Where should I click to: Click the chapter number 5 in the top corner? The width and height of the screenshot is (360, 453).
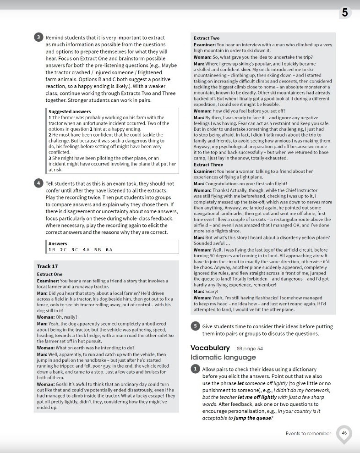344,13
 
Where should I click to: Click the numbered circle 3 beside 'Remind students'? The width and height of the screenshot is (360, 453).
38,38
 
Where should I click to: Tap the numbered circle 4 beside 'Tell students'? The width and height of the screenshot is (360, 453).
38,183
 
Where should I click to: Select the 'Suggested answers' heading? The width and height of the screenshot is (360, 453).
70,111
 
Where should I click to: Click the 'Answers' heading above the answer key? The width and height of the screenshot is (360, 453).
58,243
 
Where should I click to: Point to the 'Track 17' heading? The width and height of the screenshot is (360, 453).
47,266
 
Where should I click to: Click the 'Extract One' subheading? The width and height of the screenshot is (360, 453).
49,274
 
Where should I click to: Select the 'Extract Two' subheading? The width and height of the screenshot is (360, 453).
207,38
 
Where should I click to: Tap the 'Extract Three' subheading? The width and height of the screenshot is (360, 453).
208,165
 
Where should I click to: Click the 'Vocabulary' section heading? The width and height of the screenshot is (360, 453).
210,348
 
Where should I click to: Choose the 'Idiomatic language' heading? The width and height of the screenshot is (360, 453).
223,357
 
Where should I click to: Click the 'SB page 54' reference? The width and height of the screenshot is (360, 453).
250,348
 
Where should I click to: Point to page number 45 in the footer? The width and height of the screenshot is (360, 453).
344,432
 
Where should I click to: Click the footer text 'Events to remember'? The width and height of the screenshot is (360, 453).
308,433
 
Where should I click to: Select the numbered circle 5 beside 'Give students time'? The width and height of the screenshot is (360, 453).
195,326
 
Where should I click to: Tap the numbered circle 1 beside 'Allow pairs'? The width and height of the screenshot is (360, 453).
195,369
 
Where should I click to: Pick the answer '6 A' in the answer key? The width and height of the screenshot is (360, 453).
109,249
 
